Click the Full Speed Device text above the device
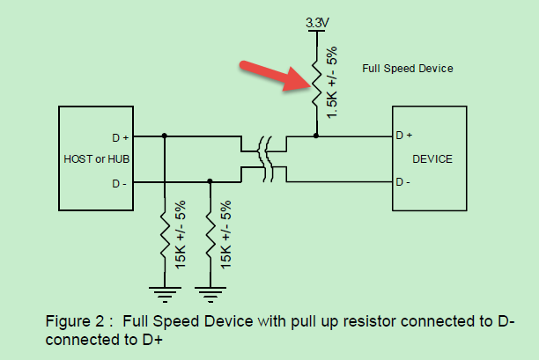pos(407,68)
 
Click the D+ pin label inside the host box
pos(120,137)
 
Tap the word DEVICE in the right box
pos(432,159)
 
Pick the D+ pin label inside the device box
pos(404,136)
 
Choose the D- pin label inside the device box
pos(403,182)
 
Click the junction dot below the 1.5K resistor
pos(316,136)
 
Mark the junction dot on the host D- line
pos(210,181)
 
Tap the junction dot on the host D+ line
pos(165,136)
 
